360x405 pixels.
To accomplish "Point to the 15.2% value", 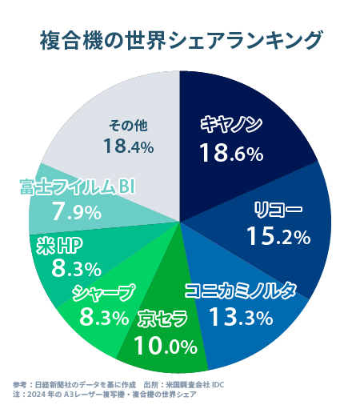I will (278, 236).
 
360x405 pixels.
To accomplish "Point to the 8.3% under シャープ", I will (104, 318).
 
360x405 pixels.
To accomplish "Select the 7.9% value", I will (75, 212).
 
